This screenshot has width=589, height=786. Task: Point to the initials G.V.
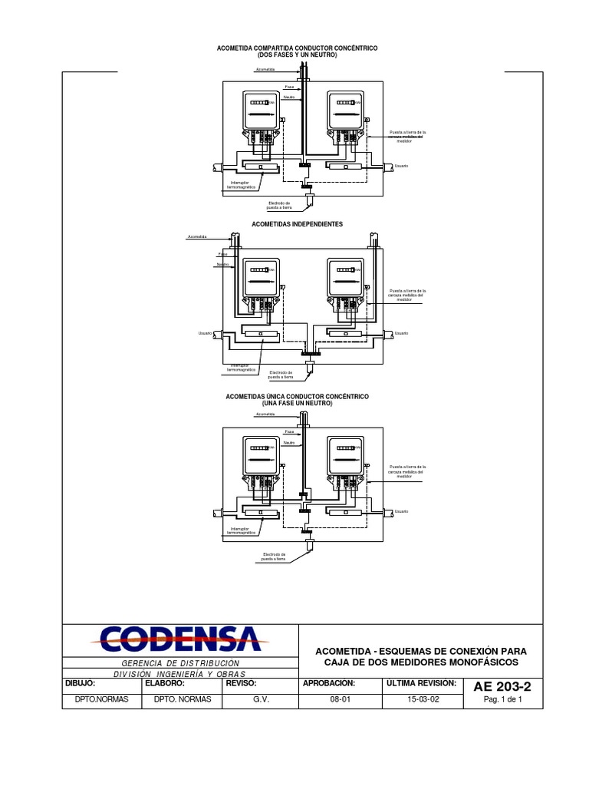coord(262,699)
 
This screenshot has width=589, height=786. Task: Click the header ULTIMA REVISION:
coord(422,682)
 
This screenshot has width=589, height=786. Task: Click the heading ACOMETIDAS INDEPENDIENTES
coord(298,224)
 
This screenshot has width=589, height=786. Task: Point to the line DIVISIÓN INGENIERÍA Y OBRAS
coord(182,673)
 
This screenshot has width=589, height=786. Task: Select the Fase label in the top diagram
coord(289,88)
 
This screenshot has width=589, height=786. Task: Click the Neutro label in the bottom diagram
coord(288,443)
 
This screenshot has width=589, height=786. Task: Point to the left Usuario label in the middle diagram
coord(205,333)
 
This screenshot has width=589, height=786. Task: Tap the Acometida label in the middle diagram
coord(199,237)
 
